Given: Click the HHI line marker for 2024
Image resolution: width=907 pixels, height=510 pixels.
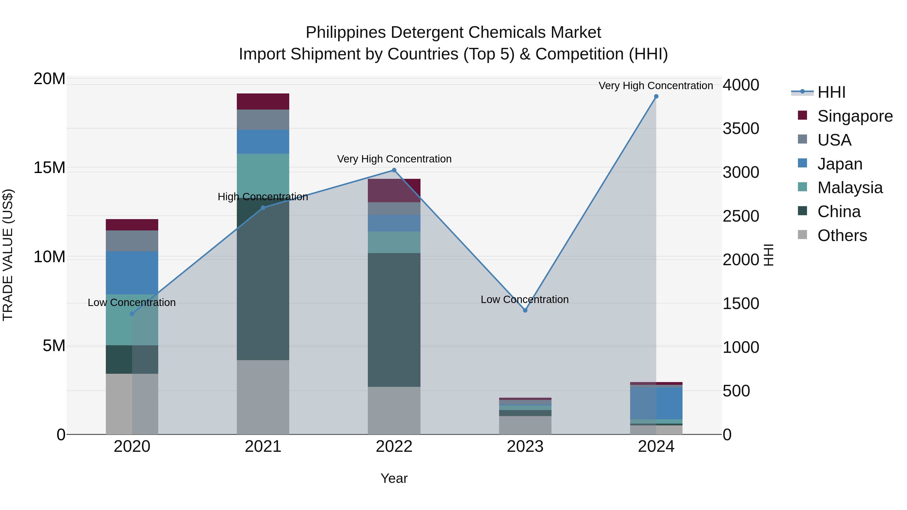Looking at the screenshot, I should (x=656, y=96).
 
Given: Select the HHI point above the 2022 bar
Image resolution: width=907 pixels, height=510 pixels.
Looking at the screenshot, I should (x=394, y=170).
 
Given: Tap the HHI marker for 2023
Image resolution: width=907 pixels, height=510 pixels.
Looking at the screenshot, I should (x=525, y=310).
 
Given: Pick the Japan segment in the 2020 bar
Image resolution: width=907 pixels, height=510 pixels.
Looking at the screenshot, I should (x=132, y=273).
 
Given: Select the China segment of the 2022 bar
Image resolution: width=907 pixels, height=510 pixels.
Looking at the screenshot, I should (x=394, y=320).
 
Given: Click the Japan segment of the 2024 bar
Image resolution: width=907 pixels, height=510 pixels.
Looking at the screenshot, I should (x=656, y=403).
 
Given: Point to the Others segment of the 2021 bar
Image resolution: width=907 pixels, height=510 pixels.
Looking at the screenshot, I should (x=263, y=397).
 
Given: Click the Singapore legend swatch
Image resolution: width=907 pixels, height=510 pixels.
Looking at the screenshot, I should (x=802, y=115).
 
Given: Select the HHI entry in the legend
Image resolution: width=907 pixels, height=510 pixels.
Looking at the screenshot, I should (x=831, y=92).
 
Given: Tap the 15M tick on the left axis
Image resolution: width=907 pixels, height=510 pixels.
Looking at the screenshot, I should (x=49, y=168).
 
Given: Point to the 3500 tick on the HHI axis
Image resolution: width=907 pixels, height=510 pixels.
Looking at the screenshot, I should (x=741, y=128).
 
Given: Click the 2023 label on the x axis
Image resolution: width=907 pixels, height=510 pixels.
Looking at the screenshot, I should (x=525, y=447).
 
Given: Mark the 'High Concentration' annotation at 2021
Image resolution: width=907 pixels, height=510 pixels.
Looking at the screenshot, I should (x=263, y=197).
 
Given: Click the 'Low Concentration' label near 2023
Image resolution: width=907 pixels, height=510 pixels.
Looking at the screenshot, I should (x=524, y=299).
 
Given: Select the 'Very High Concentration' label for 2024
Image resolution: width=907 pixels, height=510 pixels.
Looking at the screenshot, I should (x=656, y=86).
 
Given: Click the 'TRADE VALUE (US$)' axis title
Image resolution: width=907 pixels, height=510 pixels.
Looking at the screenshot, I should (x=8, y=255).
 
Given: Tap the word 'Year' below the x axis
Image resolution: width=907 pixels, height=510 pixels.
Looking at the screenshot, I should (x=394, y=478).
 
